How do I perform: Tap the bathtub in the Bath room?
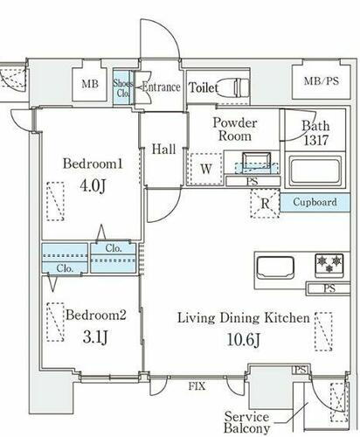[x=315, y=171]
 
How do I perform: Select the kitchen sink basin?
[x=275, y=267]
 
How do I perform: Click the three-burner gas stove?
[x=329, y=264]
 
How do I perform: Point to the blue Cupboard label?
[x=315, y=202]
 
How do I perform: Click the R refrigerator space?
[x=265, y=203]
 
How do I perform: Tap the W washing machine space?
[x=206, y=169]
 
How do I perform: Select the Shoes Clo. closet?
[x=123, y=87]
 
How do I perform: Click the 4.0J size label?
[x=93, y=185]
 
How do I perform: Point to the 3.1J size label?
[x=95, y=337]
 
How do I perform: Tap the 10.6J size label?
[x=243, y=339]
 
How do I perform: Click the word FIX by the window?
[x=197, y=386]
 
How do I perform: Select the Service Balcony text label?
[x=246, y=422]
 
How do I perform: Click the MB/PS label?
[x=322, y=80]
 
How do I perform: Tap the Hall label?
[x=163, y=149]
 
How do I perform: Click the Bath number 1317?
[x=316, y=141]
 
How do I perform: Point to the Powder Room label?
[x=235, y=129]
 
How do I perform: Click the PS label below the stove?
[x=329, y=288]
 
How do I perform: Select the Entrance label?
[x=161, y=87]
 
